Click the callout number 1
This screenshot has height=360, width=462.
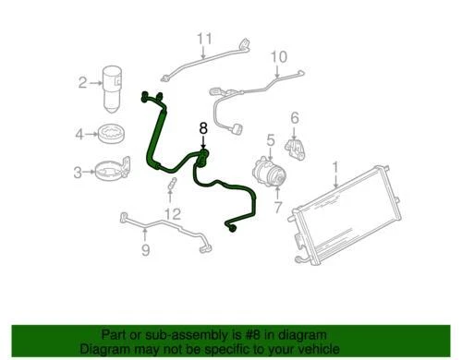point(335,168)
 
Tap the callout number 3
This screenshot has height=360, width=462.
point(77,171)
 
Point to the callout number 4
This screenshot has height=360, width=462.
point(80,134)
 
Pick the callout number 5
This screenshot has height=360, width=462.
point(271,140)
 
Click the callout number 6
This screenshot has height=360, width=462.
point(295,117)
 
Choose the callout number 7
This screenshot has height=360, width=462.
point(277,208)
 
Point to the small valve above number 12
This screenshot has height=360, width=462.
point(171,191)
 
